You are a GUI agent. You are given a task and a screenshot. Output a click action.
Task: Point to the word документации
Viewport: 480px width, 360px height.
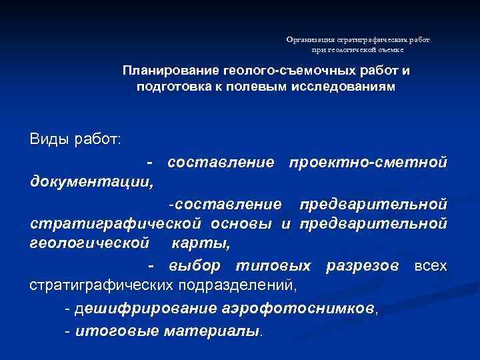pyautogui.click(x=92, y=181)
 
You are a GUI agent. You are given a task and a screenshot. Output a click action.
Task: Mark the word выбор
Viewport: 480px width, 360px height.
pyautogui.click(x=195, y=265)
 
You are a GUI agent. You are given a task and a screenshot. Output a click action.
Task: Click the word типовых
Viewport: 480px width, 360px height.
pyautogui.click(x=273, y=265)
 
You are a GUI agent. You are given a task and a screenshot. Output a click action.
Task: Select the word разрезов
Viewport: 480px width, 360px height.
pyautogui.click(x=363, y=265)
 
